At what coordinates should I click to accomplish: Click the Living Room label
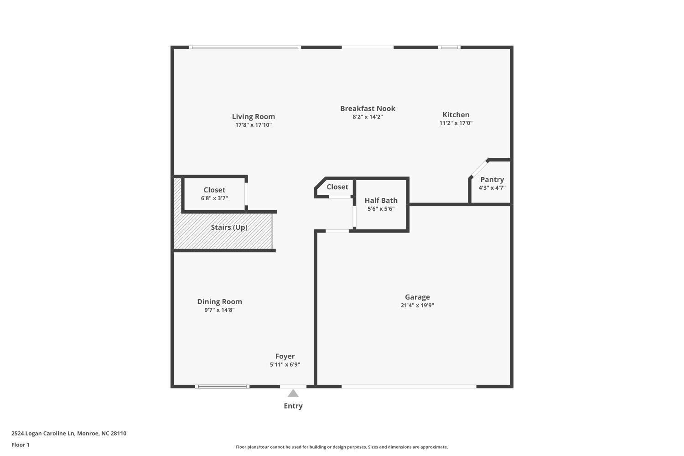pos(253,116)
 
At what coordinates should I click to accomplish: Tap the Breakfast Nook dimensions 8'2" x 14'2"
pos(368,117)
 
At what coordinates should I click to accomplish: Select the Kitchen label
pos(456,114)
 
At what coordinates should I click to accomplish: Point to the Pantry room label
pos(492,179)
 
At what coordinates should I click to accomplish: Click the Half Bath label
pos(381,200)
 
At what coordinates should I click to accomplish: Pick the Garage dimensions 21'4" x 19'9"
pos(417,305)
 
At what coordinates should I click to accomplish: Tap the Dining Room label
pos(219,301)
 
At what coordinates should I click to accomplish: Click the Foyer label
pos(285,356)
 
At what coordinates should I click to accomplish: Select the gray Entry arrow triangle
pos(293,394)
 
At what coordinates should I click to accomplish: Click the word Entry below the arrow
pos(293,405)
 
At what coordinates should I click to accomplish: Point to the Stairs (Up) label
pos(229,227)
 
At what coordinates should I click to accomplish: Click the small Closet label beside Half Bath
pos(337,187)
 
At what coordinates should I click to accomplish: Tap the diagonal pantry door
pos(479,168)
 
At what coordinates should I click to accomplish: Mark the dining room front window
pos(222,387)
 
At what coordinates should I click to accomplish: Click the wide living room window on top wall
pos(244,47)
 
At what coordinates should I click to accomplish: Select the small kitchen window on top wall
pos(449,47)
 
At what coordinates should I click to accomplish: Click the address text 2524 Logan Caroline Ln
pos(43,433)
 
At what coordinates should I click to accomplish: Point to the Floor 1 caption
pos(21,445)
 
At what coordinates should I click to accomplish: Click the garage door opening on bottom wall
pos(409,387)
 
